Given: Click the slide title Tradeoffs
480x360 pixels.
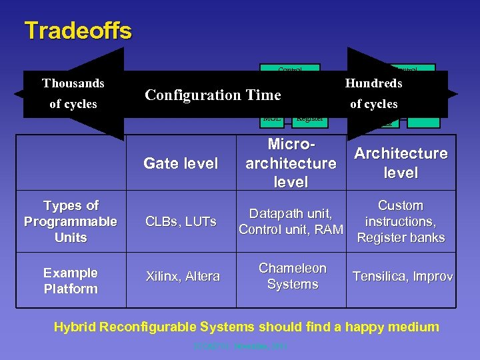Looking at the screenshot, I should pyautogui.click(x=78, y=31).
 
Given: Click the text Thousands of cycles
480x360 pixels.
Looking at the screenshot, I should pyautogui.click(x=73, y=93).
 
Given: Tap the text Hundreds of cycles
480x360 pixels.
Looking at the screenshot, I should pyautogui.click(x=373, y=93).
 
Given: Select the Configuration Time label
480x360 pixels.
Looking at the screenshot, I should pyautogui.click(x=213, y=95).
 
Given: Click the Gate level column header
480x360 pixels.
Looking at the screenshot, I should pyautogui.click(x=181, y=163).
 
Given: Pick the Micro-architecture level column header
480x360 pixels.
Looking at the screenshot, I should pyautogui.click(x=291, y=163).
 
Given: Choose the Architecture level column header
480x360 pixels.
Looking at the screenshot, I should pyautogui.click(x=401, y=163).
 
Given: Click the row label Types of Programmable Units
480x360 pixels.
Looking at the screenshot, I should pyautogui.click(x=71, y=221).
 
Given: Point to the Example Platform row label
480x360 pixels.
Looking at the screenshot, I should pyautogui.click(x=71, y=281).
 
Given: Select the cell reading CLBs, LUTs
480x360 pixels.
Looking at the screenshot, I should pyautogui.click(x=181, y=221).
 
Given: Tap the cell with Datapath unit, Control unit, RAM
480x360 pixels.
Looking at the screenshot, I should pyautogui.click(x=291, y=222).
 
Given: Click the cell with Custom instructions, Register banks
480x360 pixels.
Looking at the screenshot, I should pyautogui.click(x=401, y=221).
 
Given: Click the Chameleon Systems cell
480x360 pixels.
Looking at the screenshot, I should pyautogui.click(x=292, y=276).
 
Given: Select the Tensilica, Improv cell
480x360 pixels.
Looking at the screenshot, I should pyautogui.click(x=402, y=276).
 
